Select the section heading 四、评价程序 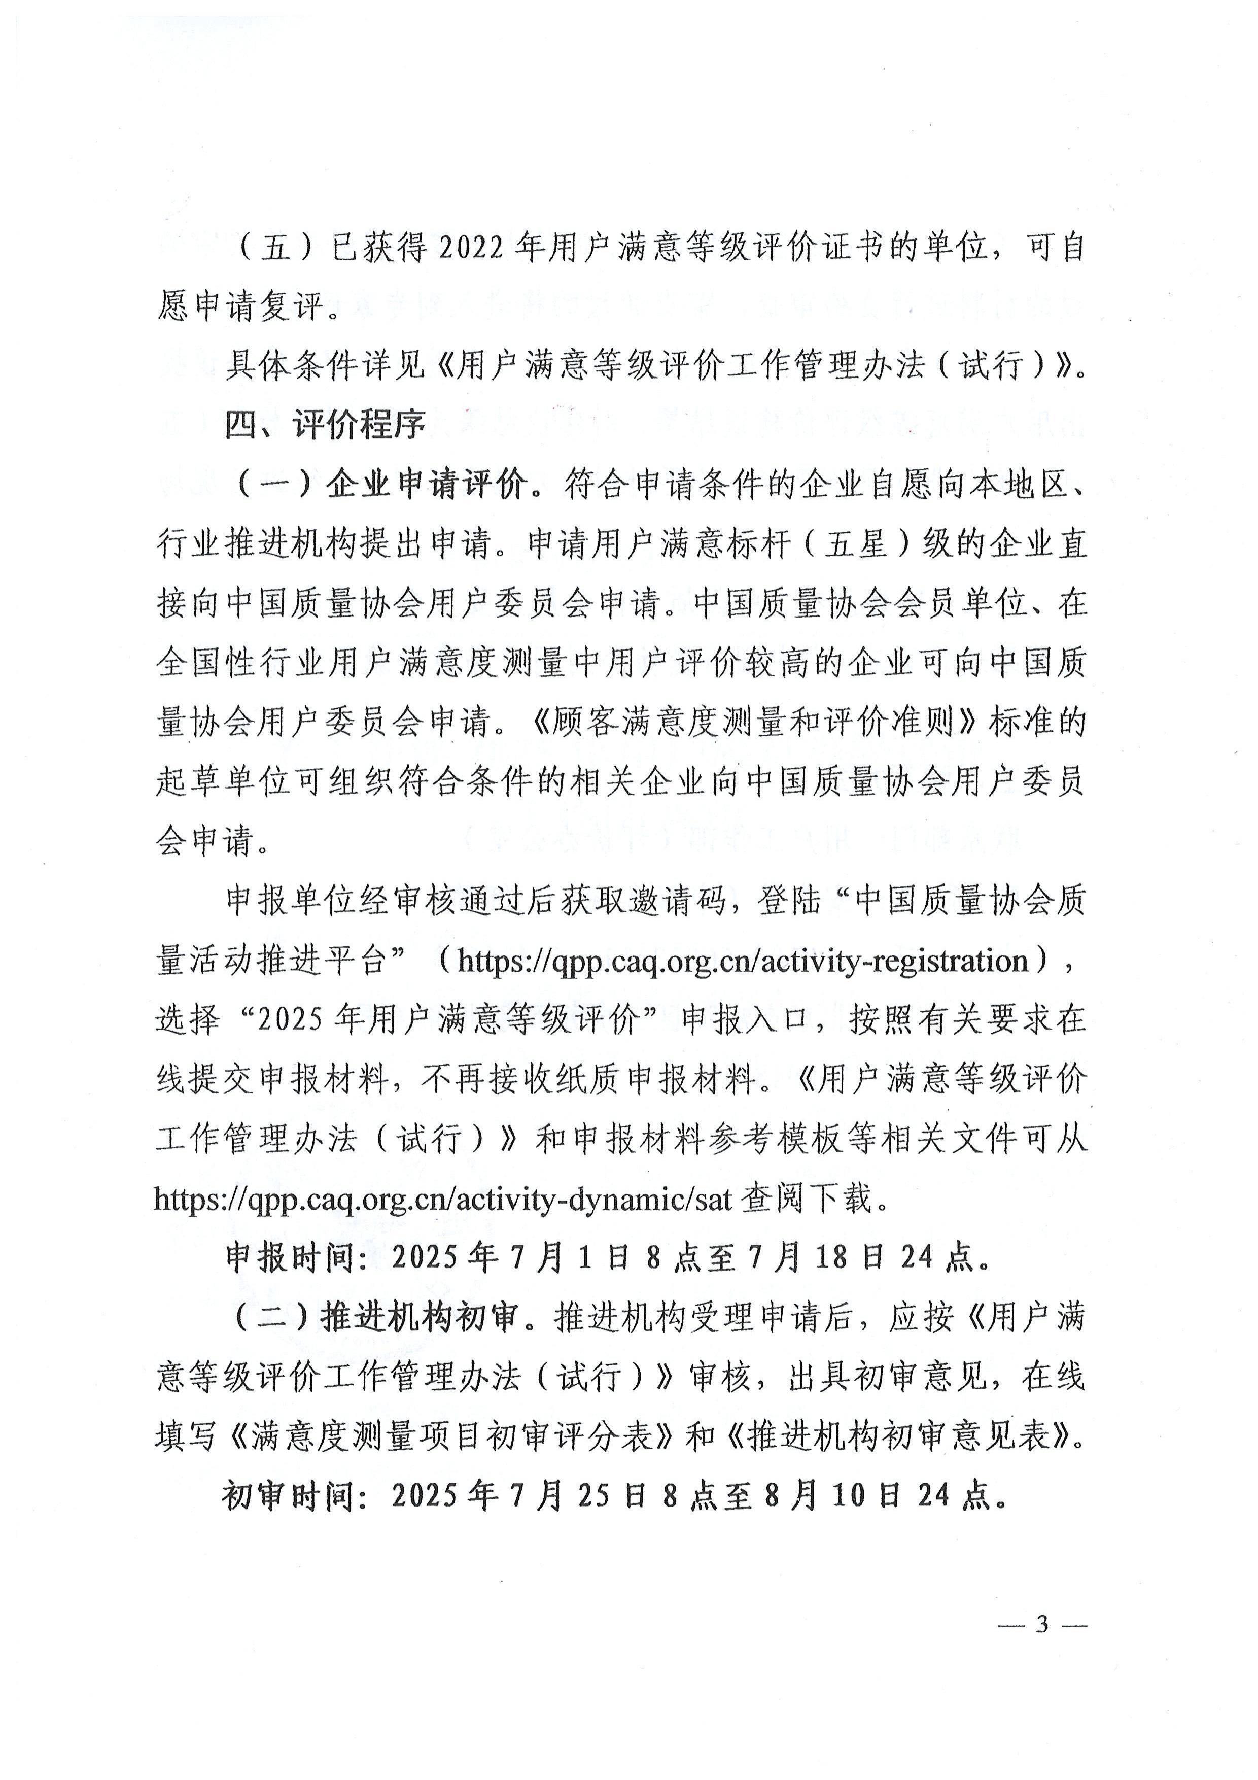click(x=326, y=424)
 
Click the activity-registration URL click(x=742, y=962)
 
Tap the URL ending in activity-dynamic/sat click(x=443, y=1200)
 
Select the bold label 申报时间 click(x=295, y=1257)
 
